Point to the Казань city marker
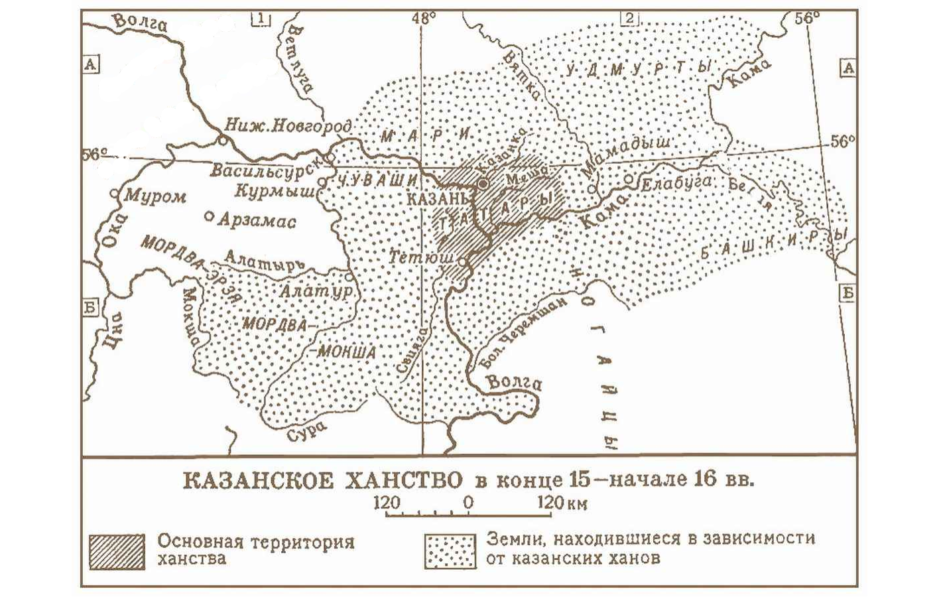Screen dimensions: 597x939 click(483, 183)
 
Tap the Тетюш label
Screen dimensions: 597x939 click(422, 257)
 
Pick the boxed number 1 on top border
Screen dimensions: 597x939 click(261, 19)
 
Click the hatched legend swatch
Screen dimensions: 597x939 click(117, 551)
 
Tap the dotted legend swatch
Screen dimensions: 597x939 click(450, 551)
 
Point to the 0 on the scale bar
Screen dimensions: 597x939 click(468, 502)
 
